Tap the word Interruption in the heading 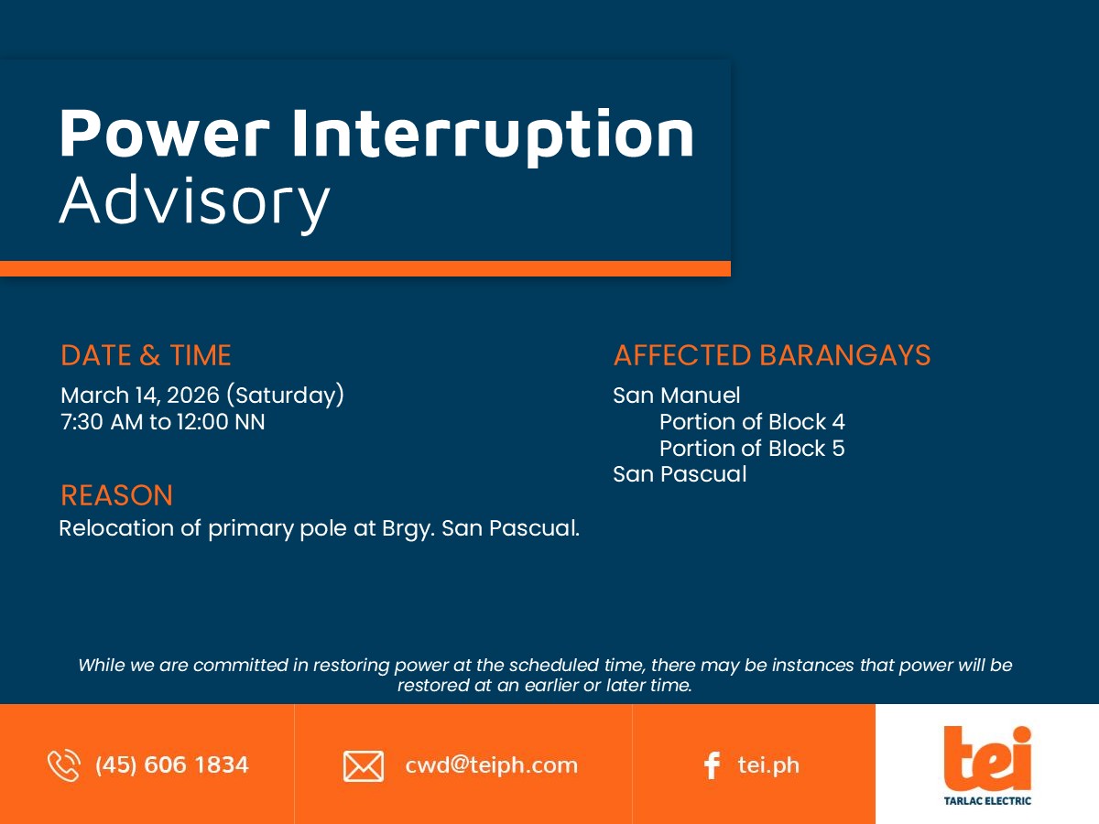click(x=493, y=136)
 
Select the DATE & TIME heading click(x=146, y=355)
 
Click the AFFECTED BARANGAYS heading click(x=772, y=355)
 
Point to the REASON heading click(x=116, y=495)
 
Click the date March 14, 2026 click(x=140, y=396)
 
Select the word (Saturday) click(x=286, y=396)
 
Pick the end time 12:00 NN click(x=221, y=422)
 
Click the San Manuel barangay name click(x=677, y=396)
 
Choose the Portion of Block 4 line click(x=752, y=422)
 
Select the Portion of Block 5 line click(x=752, y=449)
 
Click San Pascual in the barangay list click(x=680, y=474)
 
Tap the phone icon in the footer click(x=64, y=765)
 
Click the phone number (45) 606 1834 click(x=172, y=765)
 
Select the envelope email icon click(x=364, y=766)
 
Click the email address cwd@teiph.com click(x=491, y=765)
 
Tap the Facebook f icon click(x=712, y=765)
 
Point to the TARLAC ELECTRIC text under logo click(x=987, y=801)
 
